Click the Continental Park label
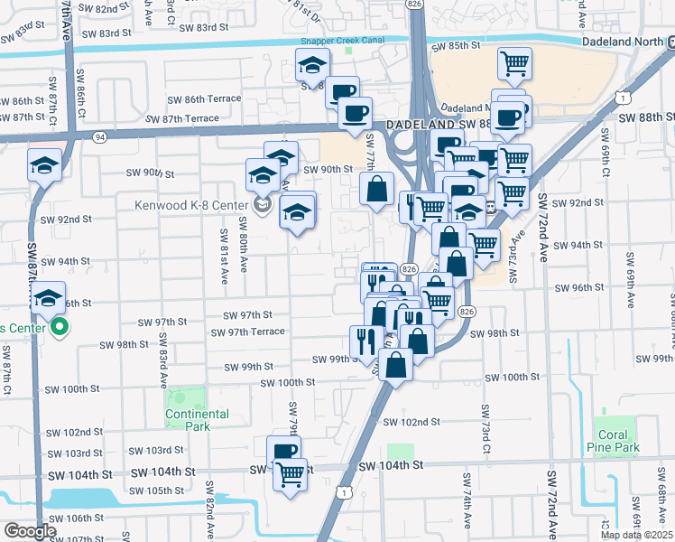(197, 420)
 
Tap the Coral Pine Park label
(619, 441)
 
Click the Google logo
(29, 531)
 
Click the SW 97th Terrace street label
(248, 332)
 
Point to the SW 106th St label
(71, 518)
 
